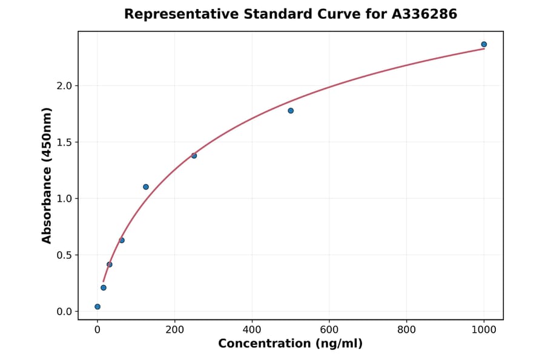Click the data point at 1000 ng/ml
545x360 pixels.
(484, 44)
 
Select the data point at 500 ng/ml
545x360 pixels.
(291, 110)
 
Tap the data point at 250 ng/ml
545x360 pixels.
(194, 156)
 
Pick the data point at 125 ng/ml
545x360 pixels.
(146, 187)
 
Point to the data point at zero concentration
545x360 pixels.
(97, 307)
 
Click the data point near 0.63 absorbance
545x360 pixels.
(122, 240)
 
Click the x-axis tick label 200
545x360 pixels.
(175, 330)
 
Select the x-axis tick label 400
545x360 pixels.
(252, 330)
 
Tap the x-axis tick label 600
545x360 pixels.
(329, 330)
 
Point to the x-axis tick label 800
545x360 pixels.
(407, 330)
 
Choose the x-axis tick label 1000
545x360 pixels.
(484, 330)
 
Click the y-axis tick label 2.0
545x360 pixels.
(64, 86)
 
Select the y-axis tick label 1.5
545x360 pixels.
(64, 142)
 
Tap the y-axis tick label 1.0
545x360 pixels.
(64, 199)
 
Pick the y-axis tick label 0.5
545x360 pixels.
(64, 255)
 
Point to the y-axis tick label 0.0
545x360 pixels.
(64, 312)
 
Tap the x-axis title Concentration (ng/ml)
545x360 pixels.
(290, 344)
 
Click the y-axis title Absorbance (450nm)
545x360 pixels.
(47, 175)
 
